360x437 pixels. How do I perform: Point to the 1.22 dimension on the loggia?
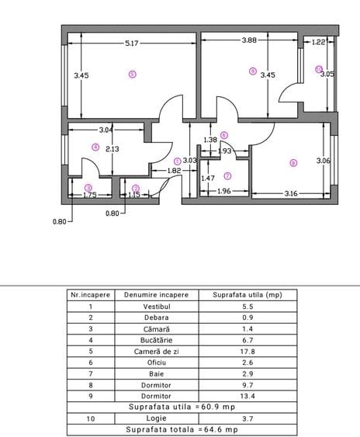(318, 43)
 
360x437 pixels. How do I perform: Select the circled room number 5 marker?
(132, 75)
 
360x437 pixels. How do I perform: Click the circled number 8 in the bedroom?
(292, 163)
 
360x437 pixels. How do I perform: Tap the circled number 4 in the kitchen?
(95, 146)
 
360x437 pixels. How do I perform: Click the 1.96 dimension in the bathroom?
(223, 192)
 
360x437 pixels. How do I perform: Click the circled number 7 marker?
(227, 175)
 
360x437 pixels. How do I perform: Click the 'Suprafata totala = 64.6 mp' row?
(179, 428)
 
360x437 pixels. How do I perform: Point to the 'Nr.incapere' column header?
(91, 295)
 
